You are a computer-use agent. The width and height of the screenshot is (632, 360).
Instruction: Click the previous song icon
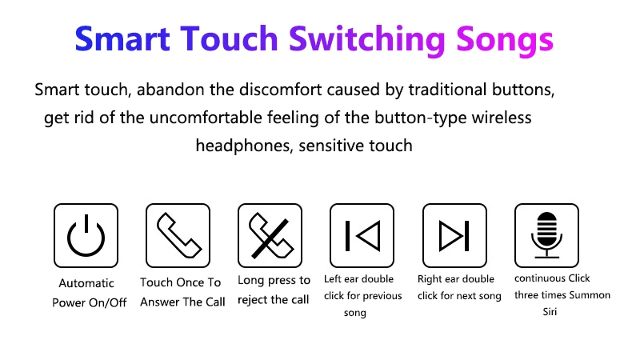[362, 236]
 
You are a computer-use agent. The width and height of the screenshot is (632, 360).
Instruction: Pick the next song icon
[454, 236]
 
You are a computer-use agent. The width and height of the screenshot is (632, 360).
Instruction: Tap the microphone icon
[546, 235]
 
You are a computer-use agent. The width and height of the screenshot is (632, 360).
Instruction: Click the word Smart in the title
[122, 39]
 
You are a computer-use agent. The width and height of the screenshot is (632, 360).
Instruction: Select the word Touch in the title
[229, 39]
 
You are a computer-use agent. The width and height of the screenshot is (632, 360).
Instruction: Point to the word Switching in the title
[366, 40]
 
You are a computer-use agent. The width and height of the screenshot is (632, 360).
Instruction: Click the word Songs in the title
[505, 41]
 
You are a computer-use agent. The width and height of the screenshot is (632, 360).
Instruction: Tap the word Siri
[550, 312]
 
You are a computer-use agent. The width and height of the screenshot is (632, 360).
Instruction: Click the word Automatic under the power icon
[86, 283]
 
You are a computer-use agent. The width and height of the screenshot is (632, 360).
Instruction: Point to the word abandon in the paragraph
[170, 90]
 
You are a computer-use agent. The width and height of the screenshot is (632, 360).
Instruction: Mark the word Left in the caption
[333, 278]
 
